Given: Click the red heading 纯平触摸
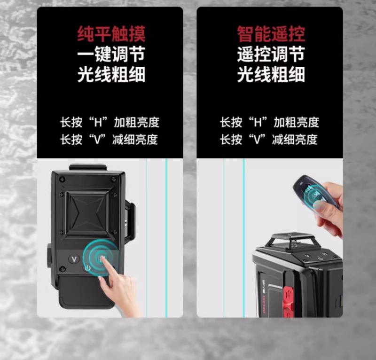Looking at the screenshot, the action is tap(111, 34).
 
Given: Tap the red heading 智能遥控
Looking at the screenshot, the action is tap(271, 34).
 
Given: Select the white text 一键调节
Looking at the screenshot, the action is tap(111, 55).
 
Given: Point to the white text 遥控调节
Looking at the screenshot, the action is tap(271, 55).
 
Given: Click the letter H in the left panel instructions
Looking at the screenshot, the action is tap(98, 122).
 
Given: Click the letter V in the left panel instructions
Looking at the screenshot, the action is tap(97, 140).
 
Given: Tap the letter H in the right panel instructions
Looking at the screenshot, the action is tap(258, 122).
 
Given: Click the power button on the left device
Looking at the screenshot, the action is tap(87, 268).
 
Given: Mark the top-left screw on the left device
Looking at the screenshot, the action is tap(63, 179).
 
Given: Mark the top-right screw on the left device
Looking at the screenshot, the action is tap(114, 179).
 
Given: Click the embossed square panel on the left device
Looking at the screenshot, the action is tap(87, 214).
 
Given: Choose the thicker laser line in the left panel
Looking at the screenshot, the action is tap(166, 237).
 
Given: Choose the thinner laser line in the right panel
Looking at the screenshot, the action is tap(224, 237).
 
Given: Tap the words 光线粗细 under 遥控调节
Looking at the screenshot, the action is tap(271, 74).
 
